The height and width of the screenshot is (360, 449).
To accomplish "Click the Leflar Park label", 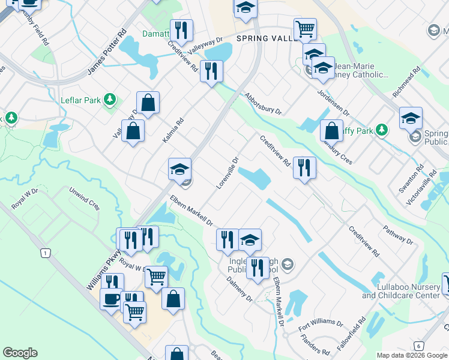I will click(x=80, y=100).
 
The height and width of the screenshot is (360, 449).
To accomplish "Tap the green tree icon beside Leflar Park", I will click(x=109, y=99).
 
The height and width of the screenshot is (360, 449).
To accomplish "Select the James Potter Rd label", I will click(x=107, y=52).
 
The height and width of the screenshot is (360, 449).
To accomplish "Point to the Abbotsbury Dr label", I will click(x=262, y=103).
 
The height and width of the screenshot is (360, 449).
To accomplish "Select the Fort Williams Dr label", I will click(x=321, y=326).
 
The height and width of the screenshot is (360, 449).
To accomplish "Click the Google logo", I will click(x=20, y=353).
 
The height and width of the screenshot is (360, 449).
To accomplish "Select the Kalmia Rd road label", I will click(x=172, y=130).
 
